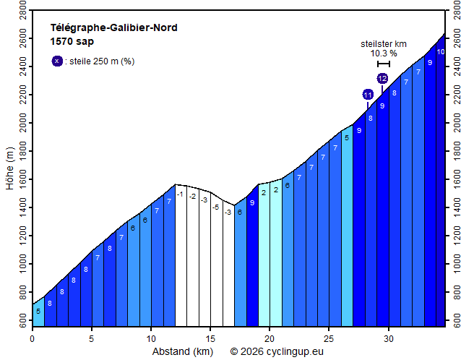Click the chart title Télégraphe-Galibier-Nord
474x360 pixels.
coord(113,28)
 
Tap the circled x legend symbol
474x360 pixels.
coord(57,61)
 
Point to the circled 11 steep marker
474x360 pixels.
coord(368,95)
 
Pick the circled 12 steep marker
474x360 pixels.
coord(382,78)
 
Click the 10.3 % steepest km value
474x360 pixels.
coord(384,53)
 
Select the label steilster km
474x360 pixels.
coord(384,43)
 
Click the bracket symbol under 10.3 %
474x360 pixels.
coord(384,64)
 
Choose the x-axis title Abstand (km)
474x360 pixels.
coord(182,352)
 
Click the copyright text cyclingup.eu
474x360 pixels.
coord(277,352)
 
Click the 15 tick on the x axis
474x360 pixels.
coord(210,338)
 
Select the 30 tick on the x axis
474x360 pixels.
coord(389,338)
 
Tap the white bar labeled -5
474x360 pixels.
coord(216,260)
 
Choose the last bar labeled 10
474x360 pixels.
coord(440,181)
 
